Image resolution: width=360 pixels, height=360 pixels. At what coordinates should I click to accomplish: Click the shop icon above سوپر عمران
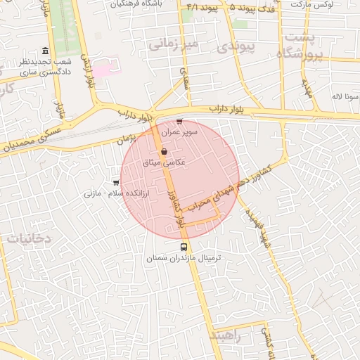tap(179, 121)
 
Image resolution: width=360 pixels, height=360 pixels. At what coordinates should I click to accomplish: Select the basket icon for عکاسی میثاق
tap(164, 151)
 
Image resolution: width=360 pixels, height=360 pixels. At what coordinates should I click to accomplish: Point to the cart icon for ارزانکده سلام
tap(116, 182)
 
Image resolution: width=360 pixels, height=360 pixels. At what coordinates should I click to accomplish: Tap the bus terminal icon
tap(184, 247)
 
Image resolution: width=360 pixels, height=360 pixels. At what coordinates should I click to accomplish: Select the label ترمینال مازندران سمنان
tap(184, 259)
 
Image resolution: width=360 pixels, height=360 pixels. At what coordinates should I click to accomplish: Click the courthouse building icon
tap(46, 51)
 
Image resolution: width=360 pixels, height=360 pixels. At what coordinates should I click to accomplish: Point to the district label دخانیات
tap(30, 238)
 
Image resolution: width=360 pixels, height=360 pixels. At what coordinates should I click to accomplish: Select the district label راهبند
tap(225, 336)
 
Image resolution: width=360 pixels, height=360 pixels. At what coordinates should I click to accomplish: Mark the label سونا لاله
tap(347, 95)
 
